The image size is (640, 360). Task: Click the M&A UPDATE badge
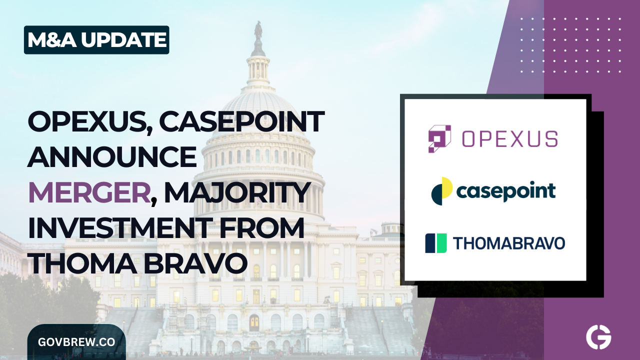[96, 40]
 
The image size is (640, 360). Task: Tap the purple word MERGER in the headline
[89, 193]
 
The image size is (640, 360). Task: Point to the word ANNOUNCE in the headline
[112, 157]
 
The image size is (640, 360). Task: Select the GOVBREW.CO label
[76, 342]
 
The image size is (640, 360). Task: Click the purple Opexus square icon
[439, 138]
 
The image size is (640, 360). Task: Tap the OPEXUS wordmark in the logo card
[509, 138]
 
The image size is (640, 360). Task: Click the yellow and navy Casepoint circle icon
[442, 190]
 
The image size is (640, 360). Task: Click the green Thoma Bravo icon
[435, 243]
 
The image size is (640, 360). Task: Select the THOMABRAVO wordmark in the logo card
[509, 243]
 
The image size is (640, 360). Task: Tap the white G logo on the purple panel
[598, 338]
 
